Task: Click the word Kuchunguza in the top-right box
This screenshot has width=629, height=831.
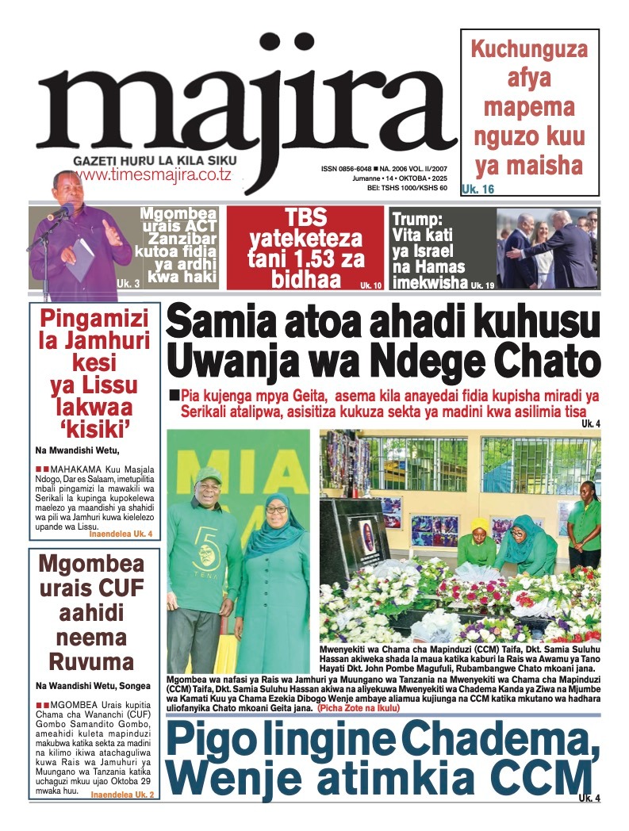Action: (529, 49)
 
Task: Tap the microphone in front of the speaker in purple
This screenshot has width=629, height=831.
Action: (60, 213)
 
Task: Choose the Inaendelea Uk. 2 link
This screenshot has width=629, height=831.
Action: (122, 794)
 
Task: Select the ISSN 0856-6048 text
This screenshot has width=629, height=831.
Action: (347, 169)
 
